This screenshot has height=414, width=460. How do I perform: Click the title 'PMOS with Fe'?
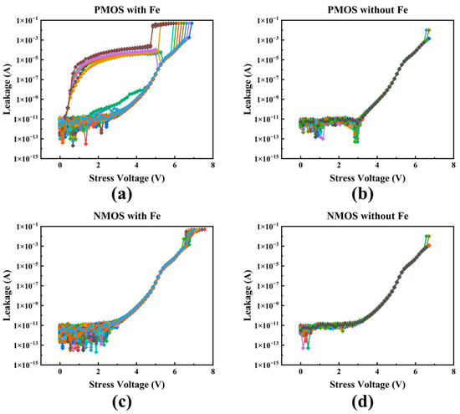tap(136, 8)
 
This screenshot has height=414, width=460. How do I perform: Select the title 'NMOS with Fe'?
tap(136, 217)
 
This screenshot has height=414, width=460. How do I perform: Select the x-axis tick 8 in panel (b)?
tap(452, 166)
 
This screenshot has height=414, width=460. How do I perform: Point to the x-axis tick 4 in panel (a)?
tap(136, 166)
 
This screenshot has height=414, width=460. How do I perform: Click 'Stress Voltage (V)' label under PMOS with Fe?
tap(136, 179)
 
